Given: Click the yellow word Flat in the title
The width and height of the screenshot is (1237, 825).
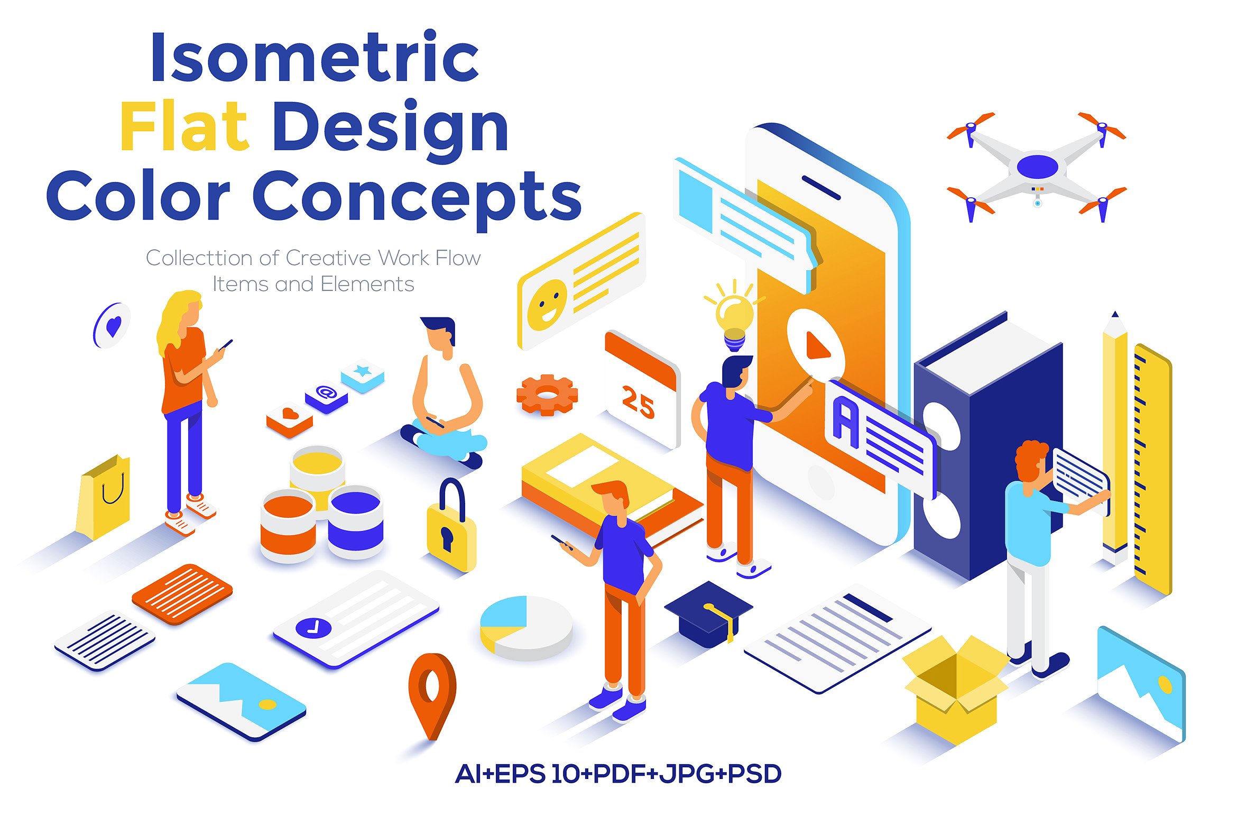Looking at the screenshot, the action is [x=184, y=126].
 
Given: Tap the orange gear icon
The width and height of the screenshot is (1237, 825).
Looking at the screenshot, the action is [x=547, y=395].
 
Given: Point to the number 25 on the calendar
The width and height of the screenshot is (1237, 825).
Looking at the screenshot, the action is [x=638, y=403].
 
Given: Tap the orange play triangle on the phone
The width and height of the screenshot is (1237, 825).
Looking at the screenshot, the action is [x=817, y=346].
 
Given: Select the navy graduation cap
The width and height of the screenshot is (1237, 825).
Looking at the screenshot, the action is [x=708, y=614].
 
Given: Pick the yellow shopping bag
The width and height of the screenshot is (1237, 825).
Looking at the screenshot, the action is [x=104, y=497].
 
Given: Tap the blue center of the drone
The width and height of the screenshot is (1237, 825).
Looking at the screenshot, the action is [x=1037, y=166].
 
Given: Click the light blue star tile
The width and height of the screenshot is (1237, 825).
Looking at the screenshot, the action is [x=363, y=375].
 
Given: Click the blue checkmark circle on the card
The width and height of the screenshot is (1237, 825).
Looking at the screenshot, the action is [x=313, y=628].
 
